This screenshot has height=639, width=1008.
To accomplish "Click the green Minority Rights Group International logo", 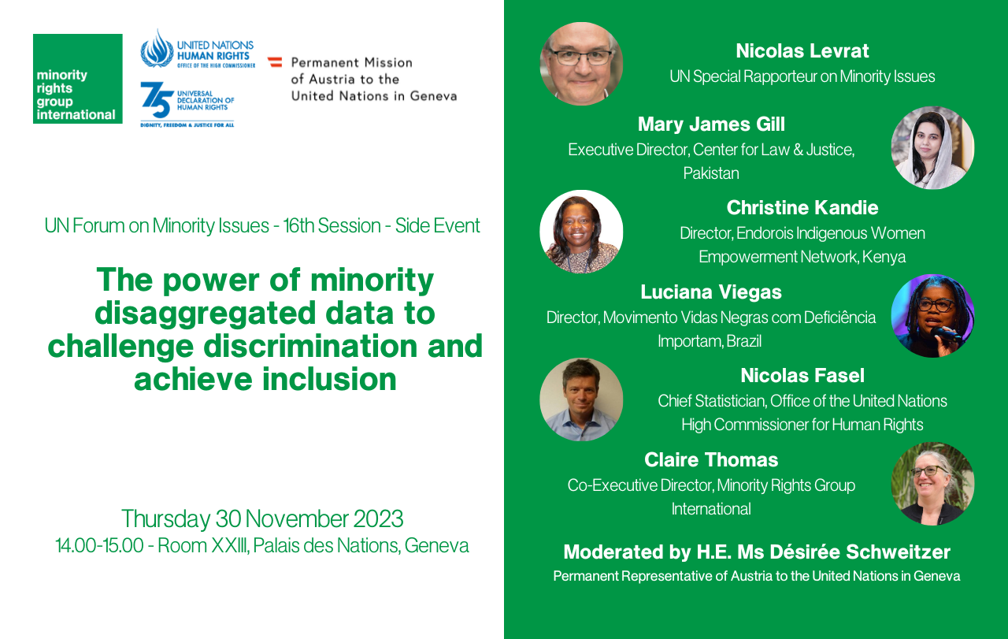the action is [78, 78].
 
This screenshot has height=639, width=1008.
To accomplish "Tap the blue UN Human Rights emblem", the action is [157, 49].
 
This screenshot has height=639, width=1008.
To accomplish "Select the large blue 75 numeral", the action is [157, 99].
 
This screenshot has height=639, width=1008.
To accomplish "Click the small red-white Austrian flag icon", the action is [275, 62].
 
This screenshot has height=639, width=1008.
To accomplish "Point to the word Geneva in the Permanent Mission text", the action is [433, 96].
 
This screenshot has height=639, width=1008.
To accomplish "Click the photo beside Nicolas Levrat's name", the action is [581, 64].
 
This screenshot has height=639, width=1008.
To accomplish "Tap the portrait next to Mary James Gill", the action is [933, 147].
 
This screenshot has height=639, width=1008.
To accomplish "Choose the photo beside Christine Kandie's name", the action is [581, 232].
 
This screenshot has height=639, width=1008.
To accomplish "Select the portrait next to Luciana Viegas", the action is [933, 316].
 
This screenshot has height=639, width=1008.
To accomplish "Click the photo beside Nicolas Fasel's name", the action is [581, 399].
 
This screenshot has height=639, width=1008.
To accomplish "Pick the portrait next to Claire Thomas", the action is [933, 484].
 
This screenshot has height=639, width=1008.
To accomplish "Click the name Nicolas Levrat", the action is [802, 51].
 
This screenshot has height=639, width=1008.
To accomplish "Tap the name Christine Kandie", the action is [802, 207].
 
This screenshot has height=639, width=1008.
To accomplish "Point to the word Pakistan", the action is [711, 173].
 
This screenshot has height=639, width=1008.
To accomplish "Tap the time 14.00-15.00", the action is [99, 546].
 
